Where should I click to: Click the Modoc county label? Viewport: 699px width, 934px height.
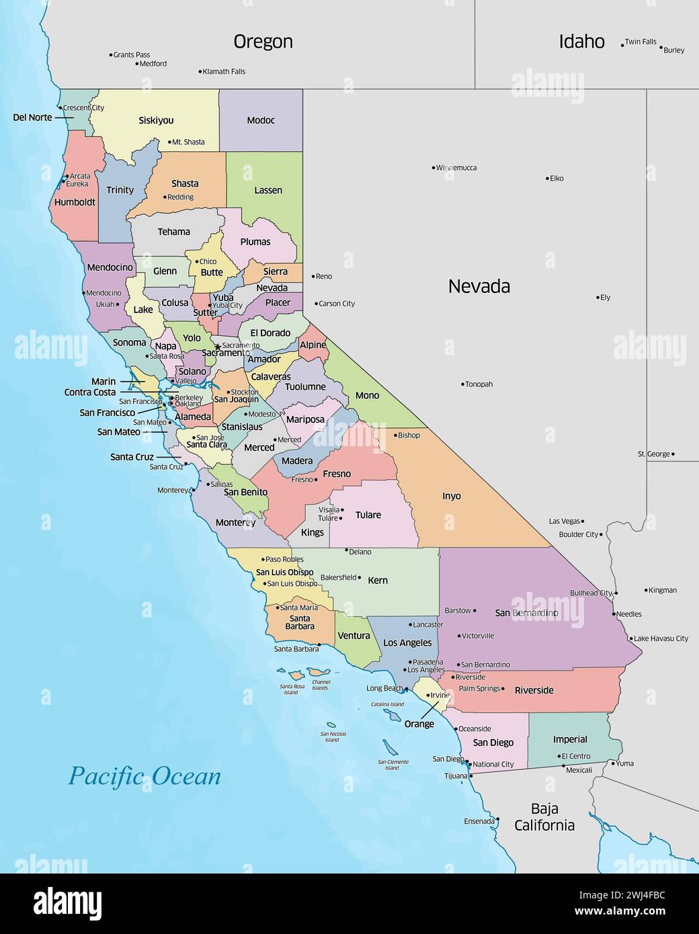point(261,121)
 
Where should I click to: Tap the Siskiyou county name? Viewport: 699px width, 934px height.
point(156,121)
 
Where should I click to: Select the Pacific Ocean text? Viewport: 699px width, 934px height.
point(145,776)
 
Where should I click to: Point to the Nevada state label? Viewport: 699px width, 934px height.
point(479,287)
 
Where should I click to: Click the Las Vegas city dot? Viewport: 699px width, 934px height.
point(583,521)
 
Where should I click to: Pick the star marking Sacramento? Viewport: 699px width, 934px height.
point(217,347)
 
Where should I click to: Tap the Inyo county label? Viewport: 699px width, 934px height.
point(452,497)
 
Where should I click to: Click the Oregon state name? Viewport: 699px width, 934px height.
point(263,42)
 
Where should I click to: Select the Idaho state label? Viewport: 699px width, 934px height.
point(582,42)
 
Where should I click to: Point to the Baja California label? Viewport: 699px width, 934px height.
point(544,817)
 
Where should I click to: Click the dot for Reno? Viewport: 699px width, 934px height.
point(313,276)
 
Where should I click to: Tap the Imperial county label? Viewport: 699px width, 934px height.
point(570,740)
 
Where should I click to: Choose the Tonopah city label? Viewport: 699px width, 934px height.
point(479,384)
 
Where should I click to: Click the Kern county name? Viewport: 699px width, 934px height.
point(378,581)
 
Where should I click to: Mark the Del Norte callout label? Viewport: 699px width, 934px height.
point(32,118)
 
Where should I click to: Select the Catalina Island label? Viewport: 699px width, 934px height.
point(388,704)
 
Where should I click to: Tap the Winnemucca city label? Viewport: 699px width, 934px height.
point(456,168)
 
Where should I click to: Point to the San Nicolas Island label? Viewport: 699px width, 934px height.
point(333,737)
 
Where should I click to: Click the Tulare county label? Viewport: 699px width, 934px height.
point(368,515)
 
